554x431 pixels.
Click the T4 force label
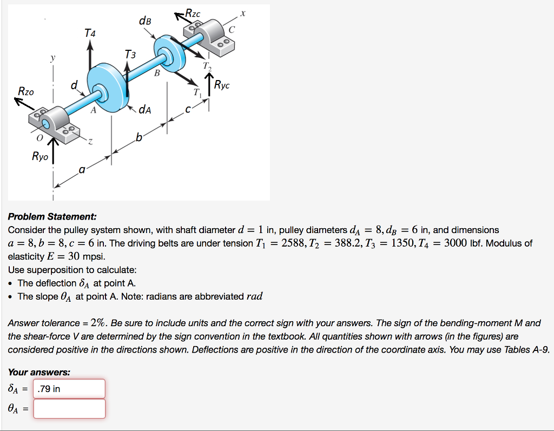click(90, 34)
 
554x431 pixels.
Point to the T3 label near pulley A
click(130, 55)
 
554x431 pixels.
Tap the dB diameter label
click(145, 21)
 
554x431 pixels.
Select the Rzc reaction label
click(193, 13)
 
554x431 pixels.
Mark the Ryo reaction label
click(39, 157)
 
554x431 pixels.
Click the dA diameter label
click(144, 110)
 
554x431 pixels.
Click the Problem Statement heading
click(52, 216)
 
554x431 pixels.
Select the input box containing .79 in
click(69, 389)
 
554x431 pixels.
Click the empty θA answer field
click(69, 409)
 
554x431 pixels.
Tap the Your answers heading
click(39, 372)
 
